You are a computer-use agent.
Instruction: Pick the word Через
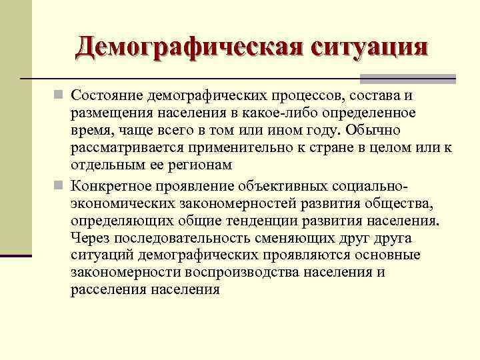pos(90,239)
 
